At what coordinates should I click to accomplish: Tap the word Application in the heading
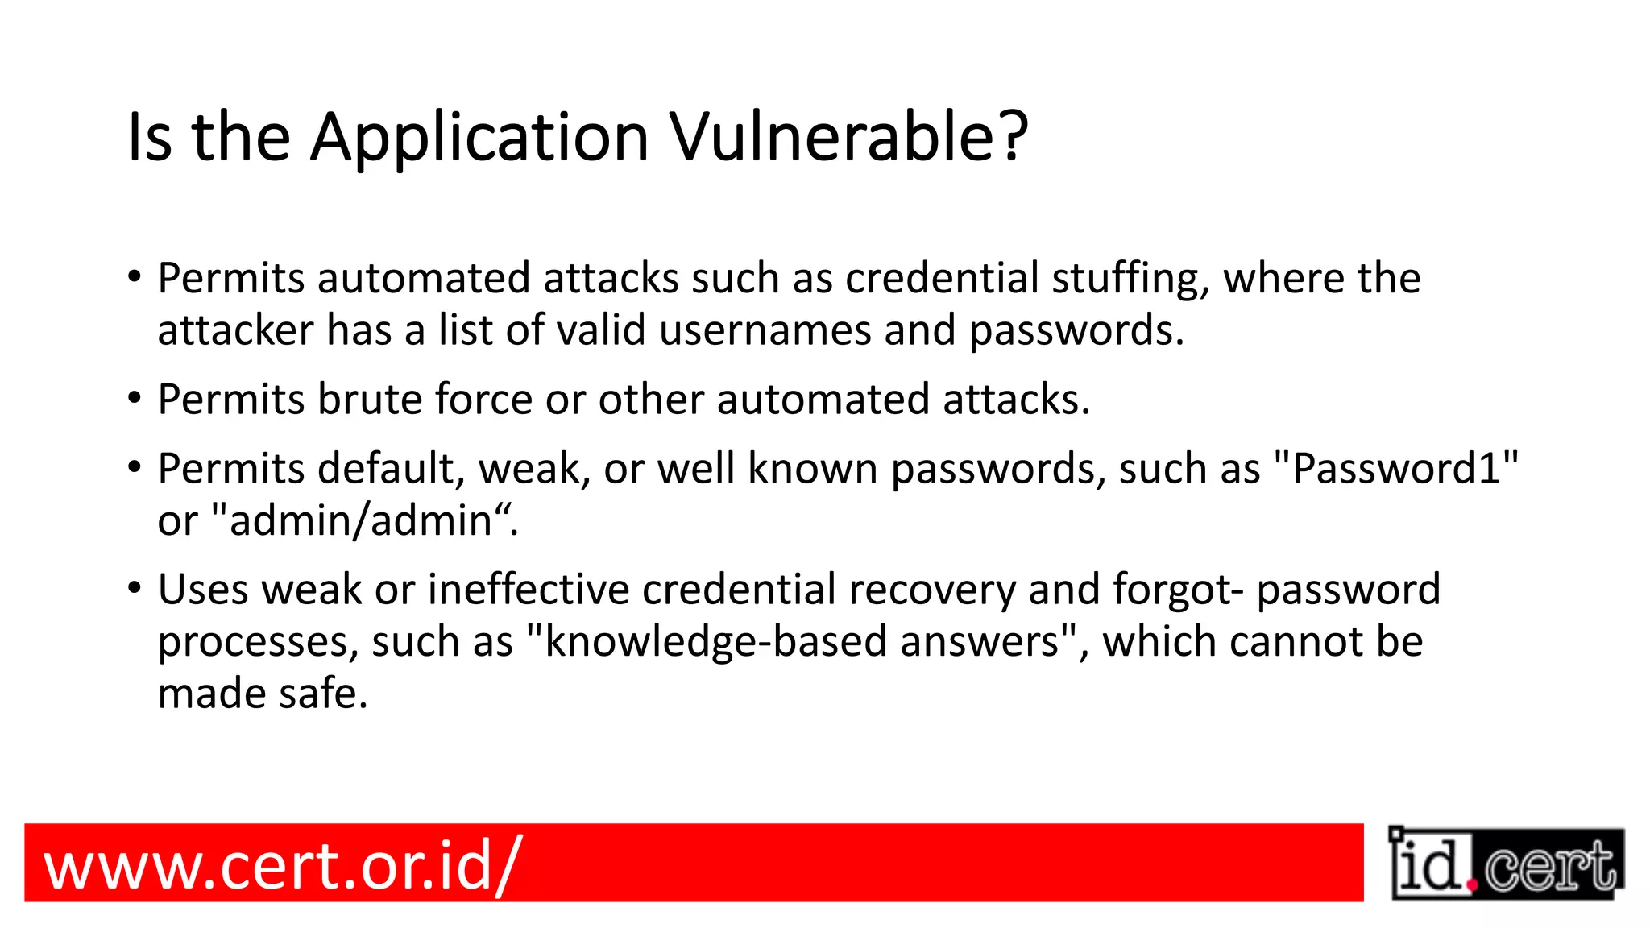[x=479, y=139]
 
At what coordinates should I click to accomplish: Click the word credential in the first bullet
[x=942, y=279]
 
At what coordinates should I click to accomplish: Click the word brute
[x=370, y=400]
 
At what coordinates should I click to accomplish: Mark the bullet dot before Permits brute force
[x=135, y=398]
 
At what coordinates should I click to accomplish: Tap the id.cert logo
[x=1506, y=864]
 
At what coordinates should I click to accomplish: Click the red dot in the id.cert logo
[x=1472, y=885]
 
